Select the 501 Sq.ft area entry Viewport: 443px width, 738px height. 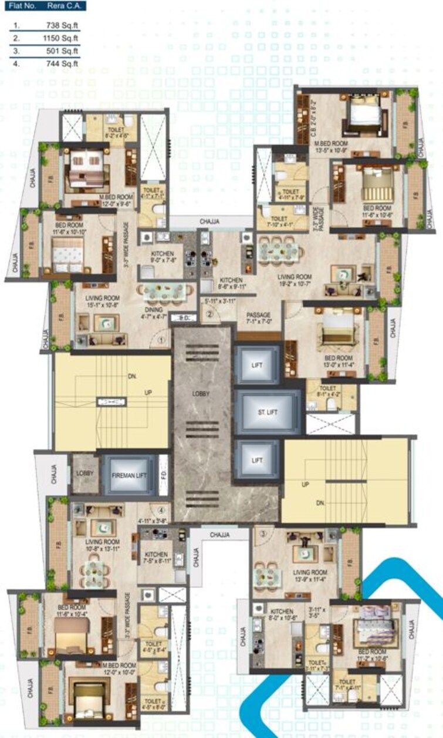point(63,51)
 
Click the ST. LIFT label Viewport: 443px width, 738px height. point(267,412)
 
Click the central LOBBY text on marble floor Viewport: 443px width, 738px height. point(201,394)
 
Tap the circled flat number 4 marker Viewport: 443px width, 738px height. point(160,509)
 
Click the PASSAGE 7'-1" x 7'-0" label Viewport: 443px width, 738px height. point(258,318)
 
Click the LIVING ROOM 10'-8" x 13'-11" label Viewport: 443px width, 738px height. point(102,545)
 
